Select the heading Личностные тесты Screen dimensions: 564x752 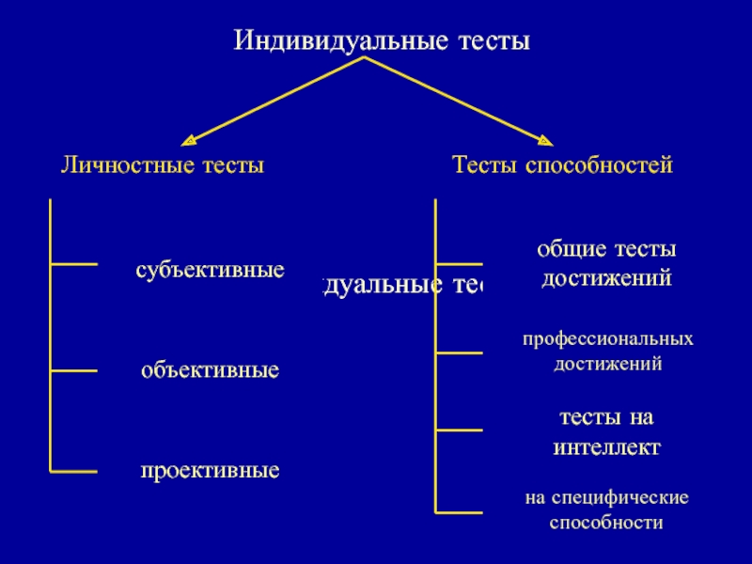(162, 165)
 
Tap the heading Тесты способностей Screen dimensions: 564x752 (562, 165)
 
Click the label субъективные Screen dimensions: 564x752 (210, 271)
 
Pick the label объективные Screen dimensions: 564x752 (210, 370)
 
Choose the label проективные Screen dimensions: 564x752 (210, 469)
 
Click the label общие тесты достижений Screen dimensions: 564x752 (605, 263)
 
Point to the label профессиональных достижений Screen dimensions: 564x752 (607, 350)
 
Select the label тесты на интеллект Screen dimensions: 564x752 (606, 431)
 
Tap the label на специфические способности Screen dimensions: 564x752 (606, 509)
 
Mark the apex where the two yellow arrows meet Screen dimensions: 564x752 (366, 58)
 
